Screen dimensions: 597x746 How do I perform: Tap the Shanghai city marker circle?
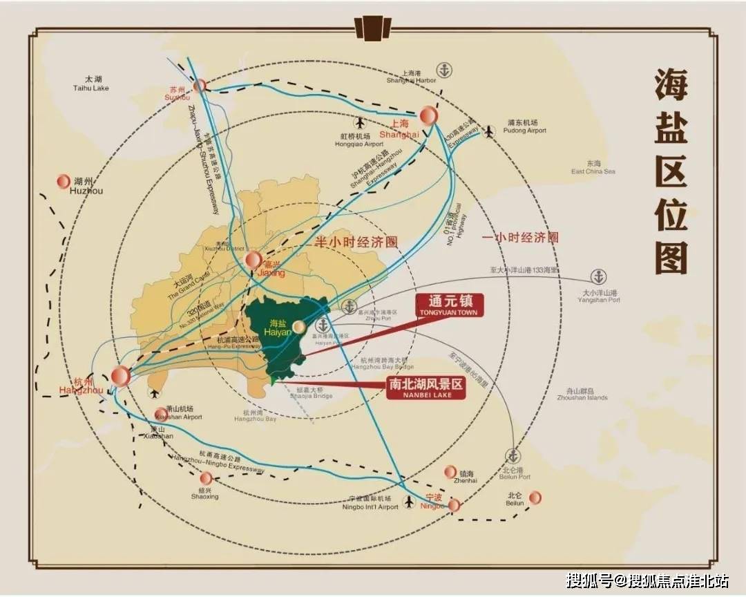(429, 115)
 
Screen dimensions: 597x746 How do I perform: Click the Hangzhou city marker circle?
(120, 376)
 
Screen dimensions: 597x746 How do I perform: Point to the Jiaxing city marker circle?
(254, 260)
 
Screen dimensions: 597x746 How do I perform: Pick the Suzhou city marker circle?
(200, 85)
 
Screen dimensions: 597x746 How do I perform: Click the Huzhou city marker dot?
(63, 181)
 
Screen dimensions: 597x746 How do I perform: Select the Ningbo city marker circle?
(453, 505)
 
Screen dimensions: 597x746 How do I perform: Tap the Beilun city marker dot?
(535, 497)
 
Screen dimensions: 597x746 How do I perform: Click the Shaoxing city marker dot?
(206, 478)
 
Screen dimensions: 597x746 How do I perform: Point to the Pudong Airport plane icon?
(490, 131)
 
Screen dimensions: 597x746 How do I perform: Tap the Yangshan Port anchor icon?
(598, 277)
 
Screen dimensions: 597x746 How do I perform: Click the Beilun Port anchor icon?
(513, 456)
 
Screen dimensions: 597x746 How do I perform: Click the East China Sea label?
(593, 167)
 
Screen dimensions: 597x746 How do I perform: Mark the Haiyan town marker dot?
(299, 326)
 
